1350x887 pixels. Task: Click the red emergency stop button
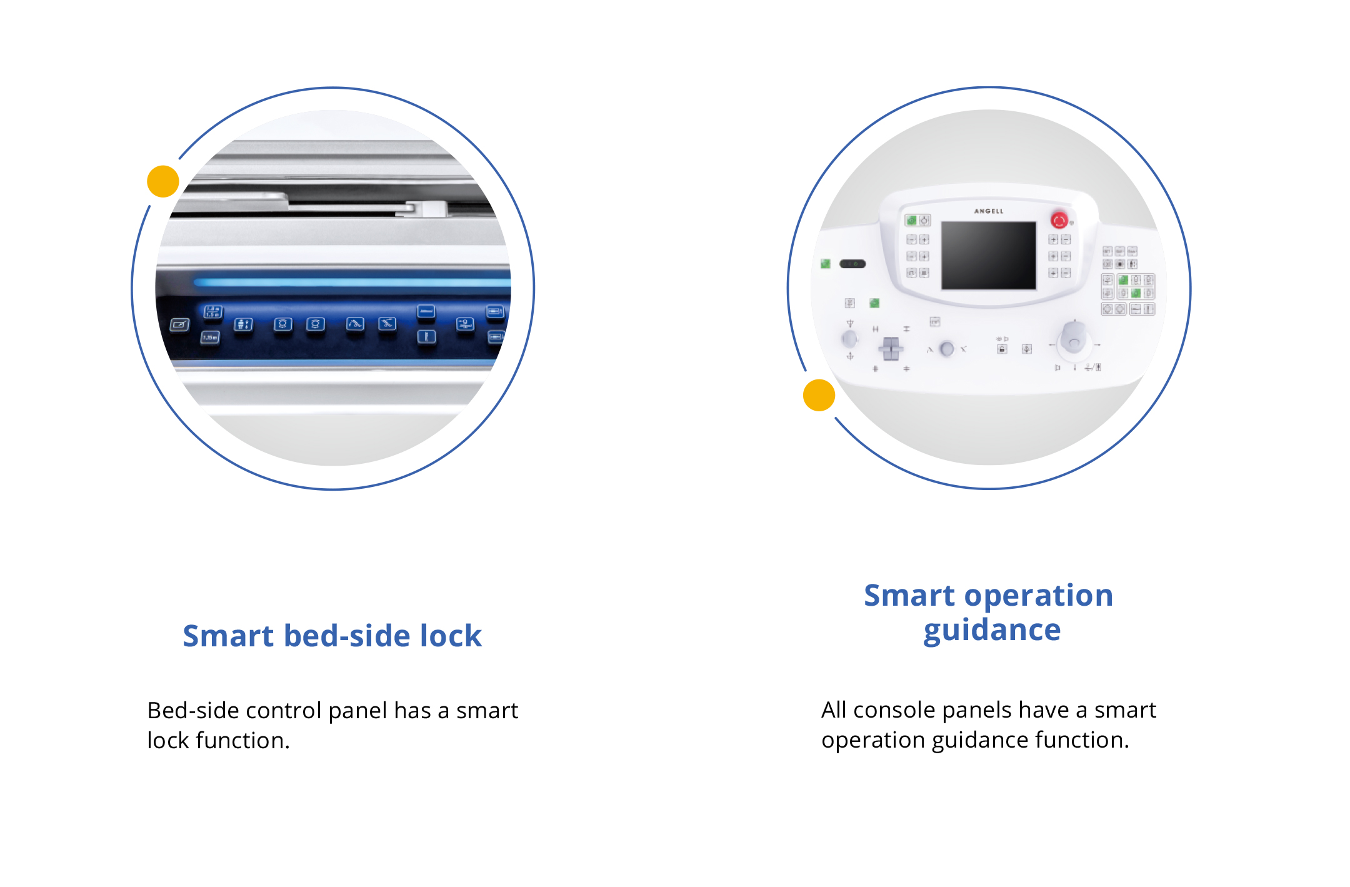1059,220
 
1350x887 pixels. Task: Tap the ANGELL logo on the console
989,211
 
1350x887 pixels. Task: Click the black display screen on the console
989,255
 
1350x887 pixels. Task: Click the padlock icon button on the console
1002,349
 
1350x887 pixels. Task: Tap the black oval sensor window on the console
852,264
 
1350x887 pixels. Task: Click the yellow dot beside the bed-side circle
163,181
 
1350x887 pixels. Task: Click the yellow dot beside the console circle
819,395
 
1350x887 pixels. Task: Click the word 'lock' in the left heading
451,636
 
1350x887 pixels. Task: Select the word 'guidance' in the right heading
992,630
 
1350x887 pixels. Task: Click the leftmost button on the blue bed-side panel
179,324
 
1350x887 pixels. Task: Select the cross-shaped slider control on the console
891,349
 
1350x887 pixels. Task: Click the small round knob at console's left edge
849,339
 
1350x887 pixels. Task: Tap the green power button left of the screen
911,220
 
